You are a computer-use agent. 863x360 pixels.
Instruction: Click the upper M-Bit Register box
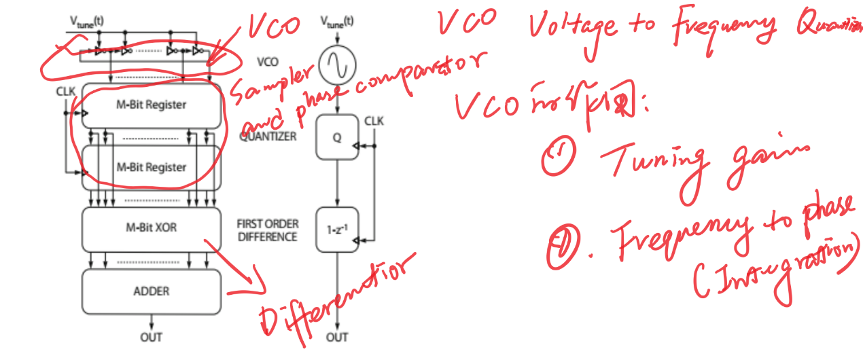tap(151, 105)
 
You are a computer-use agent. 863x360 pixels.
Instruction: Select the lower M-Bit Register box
tap(151, 167)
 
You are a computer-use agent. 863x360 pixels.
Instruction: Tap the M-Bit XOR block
tap(151, 228)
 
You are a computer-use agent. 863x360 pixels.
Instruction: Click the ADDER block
tap(151, 291)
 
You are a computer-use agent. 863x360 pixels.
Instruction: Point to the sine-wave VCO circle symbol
tap(338, 65)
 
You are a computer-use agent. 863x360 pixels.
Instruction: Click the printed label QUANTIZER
tap(268, 136)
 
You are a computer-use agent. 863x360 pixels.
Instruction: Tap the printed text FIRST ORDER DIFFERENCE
tap(267, 230)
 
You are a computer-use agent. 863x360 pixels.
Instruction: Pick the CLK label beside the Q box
tap(374, 121)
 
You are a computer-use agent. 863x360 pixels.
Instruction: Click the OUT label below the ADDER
tap(151, 337)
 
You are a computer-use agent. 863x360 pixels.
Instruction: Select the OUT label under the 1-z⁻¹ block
tap(338, 337)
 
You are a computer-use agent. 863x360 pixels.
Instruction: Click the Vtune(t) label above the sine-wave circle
tap(338, 21)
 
